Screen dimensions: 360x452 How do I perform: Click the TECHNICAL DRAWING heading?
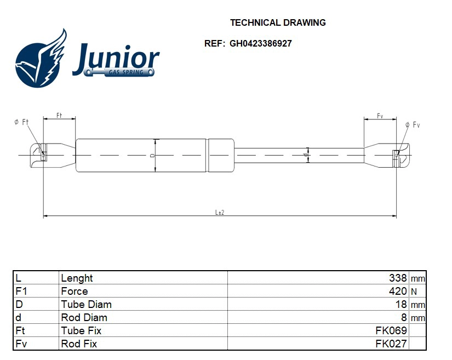278,23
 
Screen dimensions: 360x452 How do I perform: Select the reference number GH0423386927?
260,44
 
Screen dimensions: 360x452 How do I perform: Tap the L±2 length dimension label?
220,213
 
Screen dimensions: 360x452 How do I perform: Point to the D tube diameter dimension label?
152,156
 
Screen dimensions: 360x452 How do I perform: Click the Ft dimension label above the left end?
59,116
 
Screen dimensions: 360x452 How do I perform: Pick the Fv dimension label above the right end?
380,116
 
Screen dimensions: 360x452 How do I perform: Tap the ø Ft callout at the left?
21,122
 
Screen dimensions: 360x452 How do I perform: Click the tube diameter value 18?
401,304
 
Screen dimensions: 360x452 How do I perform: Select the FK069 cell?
391,330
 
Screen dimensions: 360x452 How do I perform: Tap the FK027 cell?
391,344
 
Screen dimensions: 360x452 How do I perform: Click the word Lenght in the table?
77,278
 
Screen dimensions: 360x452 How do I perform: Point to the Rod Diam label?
84,317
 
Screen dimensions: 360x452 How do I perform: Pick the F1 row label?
21,291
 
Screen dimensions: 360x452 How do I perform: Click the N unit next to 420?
414,292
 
